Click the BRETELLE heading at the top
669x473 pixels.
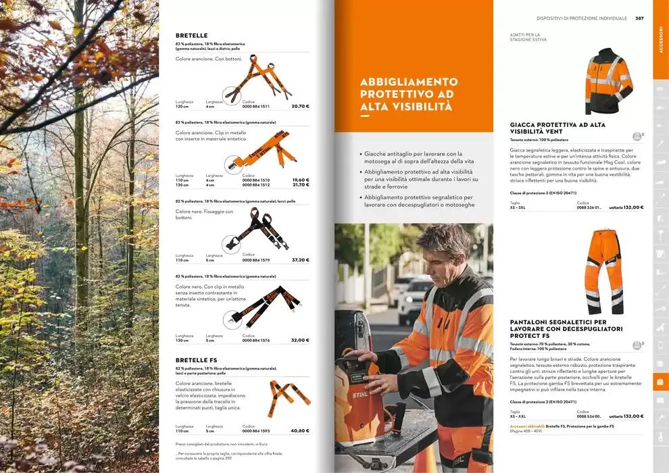(191, 35)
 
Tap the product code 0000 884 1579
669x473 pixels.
(256, 260)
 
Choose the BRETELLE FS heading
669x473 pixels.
(196, 359)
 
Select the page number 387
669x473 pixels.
(639, 18)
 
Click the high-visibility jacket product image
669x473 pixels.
(608, 81)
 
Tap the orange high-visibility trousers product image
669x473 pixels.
(604, 270)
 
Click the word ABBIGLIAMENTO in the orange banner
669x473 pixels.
(409, 80)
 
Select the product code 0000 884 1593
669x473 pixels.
(256, 430)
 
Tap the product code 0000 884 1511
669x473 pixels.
(256, 107)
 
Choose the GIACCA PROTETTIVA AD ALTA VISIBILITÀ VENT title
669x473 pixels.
(557, 128)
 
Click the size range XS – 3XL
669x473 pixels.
(518, 208)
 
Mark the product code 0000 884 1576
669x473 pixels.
(256, 341)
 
